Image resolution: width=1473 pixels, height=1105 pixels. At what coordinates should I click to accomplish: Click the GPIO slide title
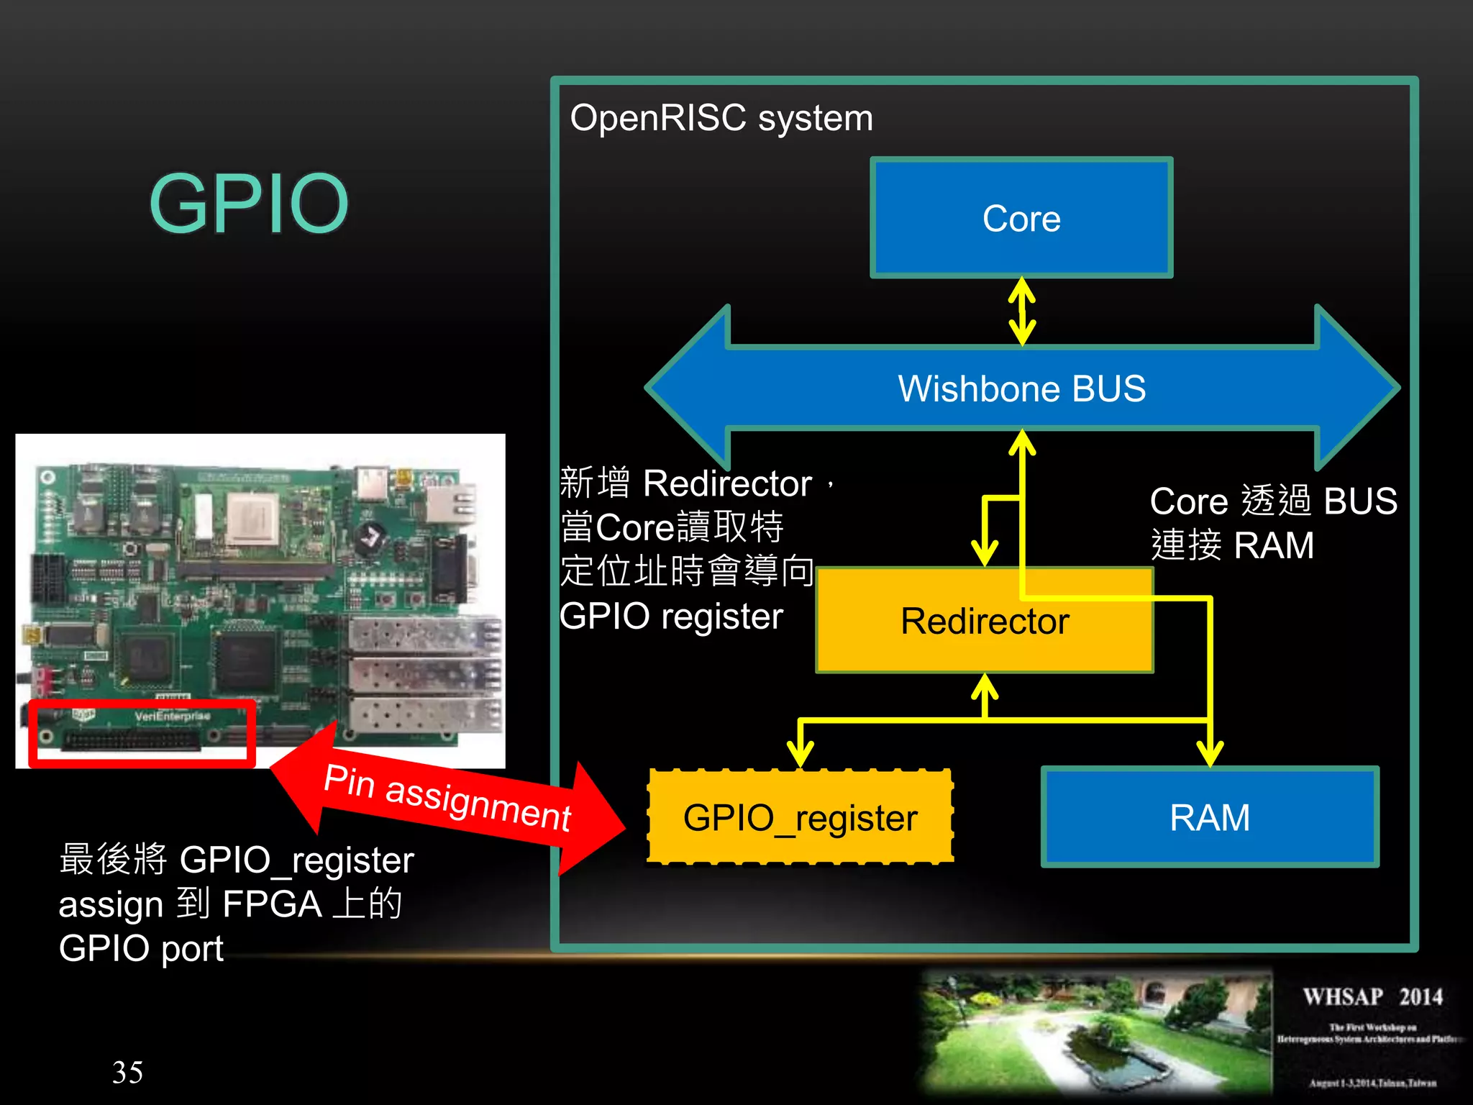coord(249,204)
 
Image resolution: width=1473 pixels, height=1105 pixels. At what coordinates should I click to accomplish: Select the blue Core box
coord(1021,218)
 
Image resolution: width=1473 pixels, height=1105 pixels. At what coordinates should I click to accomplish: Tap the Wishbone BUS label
coord(1021,388)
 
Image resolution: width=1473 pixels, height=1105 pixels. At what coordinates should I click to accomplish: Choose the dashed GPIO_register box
coord(801,817)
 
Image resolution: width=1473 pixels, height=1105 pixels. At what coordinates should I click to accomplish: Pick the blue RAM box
coord(1210,817)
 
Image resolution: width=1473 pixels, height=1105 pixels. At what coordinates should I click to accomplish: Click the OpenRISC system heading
coord(721,118)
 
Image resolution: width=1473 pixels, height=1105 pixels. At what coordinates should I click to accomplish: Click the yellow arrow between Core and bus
coord(1022,312)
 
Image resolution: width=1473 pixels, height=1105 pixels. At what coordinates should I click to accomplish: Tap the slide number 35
coord(127,1072)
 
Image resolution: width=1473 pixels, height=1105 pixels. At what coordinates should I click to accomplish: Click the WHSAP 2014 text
coord(1372,996)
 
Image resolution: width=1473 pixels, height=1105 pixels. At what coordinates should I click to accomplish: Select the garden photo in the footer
coord(1097,1032)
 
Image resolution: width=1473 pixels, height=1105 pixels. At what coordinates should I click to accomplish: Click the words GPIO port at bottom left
coord(141,948)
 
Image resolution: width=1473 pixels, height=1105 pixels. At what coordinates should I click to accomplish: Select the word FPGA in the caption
coord(272,904)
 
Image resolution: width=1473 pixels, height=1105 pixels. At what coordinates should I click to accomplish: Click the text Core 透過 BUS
coord(1273,501)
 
